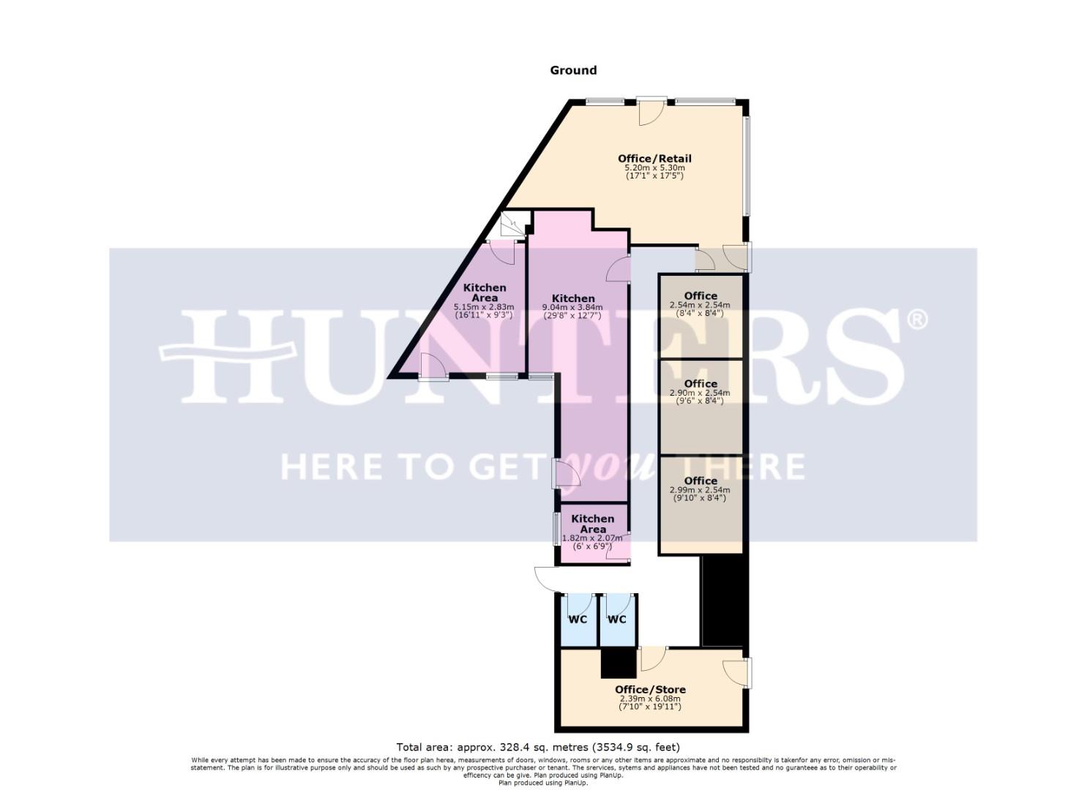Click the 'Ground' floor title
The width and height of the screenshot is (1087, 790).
573,70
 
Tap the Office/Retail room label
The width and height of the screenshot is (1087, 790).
654,159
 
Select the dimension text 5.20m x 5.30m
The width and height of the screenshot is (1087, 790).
654,168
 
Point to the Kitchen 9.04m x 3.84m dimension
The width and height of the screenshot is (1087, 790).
572,307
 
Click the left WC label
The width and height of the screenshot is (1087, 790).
578,620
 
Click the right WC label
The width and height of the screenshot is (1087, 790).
617,620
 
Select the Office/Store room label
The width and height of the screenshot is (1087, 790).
650,689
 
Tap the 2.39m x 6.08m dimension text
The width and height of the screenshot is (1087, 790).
650,699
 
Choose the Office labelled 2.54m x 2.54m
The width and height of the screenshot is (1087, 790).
700,296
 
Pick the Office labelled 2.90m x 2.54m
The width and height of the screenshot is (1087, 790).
700,384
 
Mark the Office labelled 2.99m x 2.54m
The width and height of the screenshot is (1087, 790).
700,481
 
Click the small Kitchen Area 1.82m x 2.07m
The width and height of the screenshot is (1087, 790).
592,524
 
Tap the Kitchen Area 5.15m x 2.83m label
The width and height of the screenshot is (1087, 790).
485,293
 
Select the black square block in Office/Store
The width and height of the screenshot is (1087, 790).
618,663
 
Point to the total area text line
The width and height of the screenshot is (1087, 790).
538,748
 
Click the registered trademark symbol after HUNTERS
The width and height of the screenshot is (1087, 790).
917,320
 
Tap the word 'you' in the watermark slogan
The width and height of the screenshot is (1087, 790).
594,465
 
